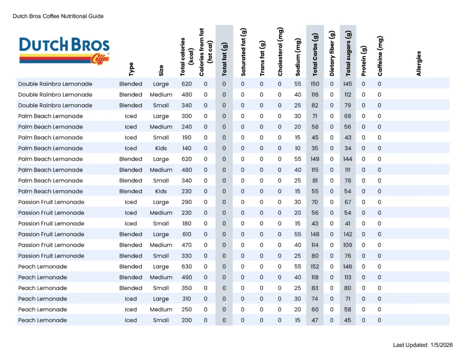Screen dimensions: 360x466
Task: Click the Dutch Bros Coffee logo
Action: click(x=64, y=51)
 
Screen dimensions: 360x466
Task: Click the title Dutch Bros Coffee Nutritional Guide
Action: click(x=58, y=16)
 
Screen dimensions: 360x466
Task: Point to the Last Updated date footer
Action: click(x=423, y=345)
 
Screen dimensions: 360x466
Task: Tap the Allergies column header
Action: click(x=419, y=63)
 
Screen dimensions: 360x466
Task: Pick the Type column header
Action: click(x=132, y=69)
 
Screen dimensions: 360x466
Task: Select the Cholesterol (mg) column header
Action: click(x=280, y=52)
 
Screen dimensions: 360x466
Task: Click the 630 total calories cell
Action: click(x=186, y=267)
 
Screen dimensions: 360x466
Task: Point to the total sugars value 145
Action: click(x=348, y=84)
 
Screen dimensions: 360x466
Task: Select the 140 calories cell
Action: click(x=186, y=148)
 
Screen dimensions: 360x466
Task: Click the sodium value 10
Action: click(x=298, y=148)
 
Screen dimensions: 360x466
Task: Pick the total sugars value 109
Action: click(x=348, y=245)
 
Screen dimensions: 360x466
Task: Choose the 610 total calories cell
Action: click(x=186, y=234)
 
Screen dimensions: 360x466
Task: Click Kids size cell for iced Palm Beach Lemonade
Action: click(x=161, y=148)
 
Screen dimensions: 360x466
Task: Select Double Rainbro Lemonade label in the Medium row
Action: click(x=55, y=95)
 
